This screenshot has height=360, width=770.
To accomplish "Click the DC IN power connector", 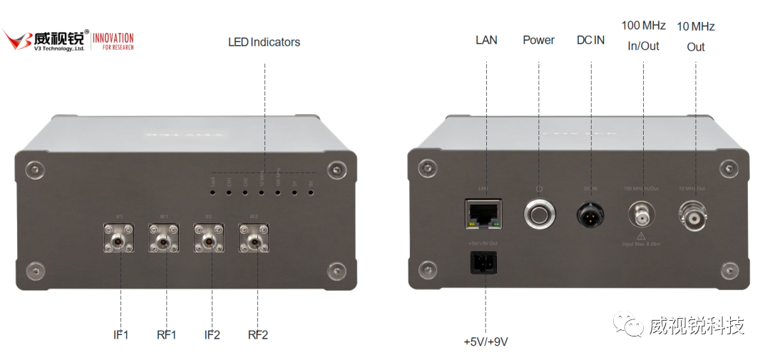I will [591, 213].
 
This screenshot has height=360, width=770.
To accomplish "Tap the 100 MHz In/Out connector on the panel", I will [642, 213].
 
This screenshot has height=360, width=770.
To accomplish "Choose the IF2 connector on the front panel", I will [209, 241].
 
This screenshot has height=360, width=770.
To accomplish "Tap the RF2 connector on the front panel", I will [254, 241].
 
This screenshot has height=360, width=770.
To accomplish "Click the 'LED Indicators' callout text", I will [264, 42].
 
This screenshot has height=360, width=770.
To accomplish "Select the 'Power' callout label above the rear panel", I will [538, 40].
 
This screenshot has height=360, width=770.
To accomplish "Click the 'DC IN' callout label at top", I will [590, 40].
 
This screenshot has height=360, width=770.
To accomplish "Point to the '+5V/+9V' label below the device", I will [486, 341].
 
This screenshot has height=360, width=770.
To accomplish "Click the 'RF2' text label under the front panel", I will [257, 334].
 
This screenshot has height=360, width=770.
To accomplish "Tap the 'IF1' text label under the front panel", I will [120, 334].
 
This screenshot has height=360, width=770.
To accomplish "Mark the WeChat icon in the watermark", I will [630, 326].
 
